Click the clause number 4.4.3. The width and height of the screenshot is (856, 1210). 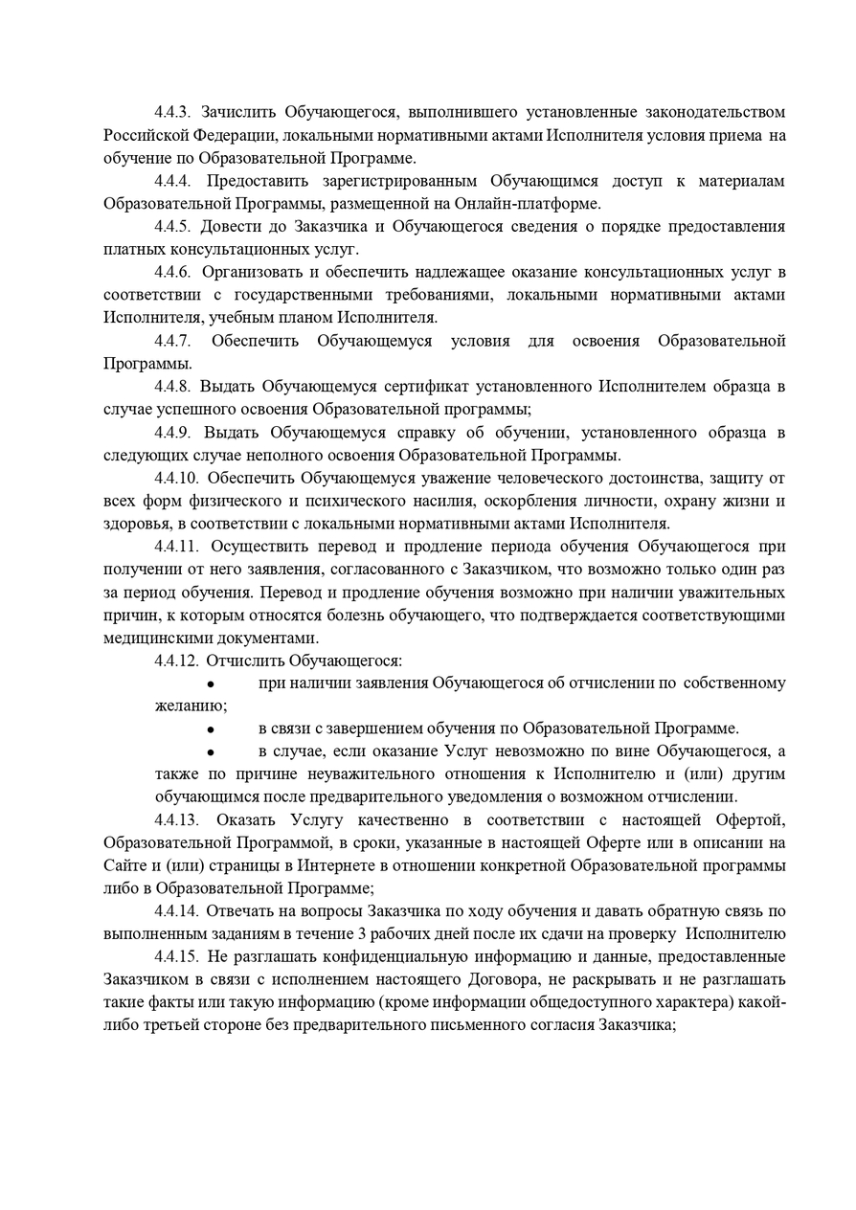tap(173, 112)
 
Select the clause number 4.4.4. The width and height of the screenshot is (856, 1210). tap(173, 180)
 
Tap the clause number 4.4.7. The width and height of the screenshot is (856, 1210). tap(173, 341)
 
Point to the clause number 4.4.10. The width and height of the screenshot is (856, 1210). tap(177, 478)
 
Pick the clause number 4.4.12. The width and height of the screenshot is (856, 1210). tap(177, 661)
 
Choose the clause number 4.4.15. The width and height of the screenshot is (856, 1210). tap(177, 957)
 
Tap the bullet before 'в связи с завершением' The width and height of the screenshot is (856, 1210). tap(210, 729)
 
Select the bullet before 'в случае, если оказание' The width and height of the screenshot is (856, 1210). tap(210, 752)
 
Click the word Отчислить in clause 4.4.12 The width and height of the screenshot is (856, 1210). tap(242, 661)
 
